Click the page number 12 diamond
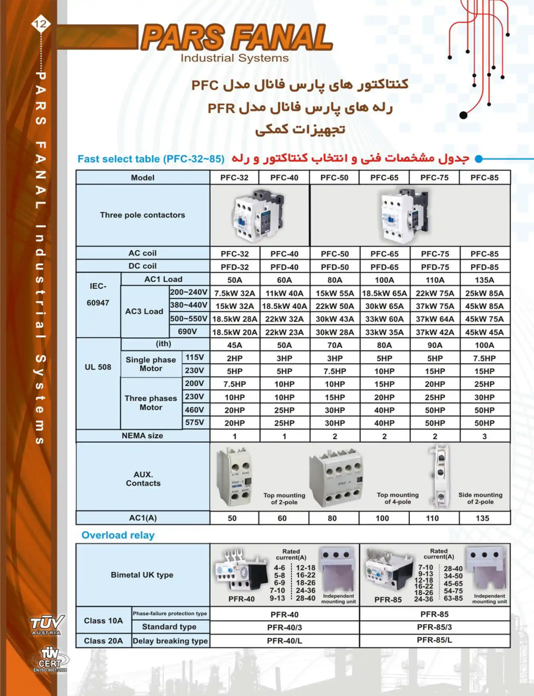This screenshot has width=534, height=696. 41,24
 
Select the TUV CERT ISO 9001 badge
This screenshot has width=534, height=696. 50,661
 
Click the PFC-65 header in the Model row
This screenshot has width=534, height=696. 384,177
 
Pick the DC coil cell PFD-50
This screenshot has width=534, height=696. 335,267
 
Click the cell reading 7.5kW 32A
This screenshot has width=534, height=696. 235,293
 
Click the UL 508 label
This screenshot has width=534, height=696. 98,367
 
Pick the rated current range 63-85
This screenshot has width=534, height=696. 453,598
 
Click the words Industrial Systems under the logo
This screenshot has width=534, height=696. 235,58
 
